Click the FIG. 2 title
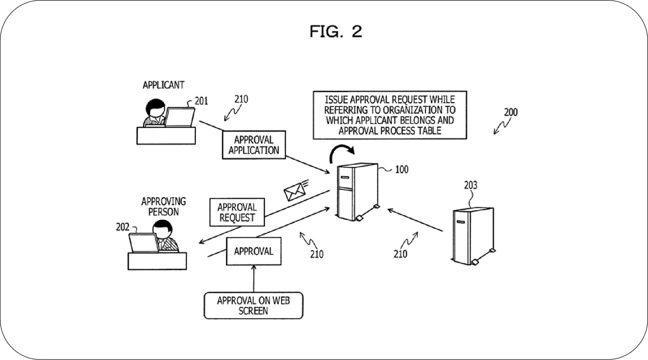point(336,31)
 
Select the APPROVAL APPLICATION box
point(254,145)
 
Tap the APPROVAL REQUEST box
point(237,212)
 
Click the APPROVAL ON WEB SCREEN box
point(253,305)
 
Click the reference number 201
point(201,101)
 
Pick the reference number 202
point(122,227)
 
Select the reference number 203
point(470,186)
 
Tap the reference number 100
point(402,169)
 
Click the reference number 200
point(510,112)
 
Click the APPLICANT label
point(163,85)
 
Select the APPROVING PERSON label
point(163,206)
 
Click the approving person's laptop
point(143,243)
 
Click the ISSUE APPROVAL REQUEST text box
point(389,115)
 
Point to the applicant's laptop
point(180,117)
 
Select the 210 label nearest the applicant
point(241,100)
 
